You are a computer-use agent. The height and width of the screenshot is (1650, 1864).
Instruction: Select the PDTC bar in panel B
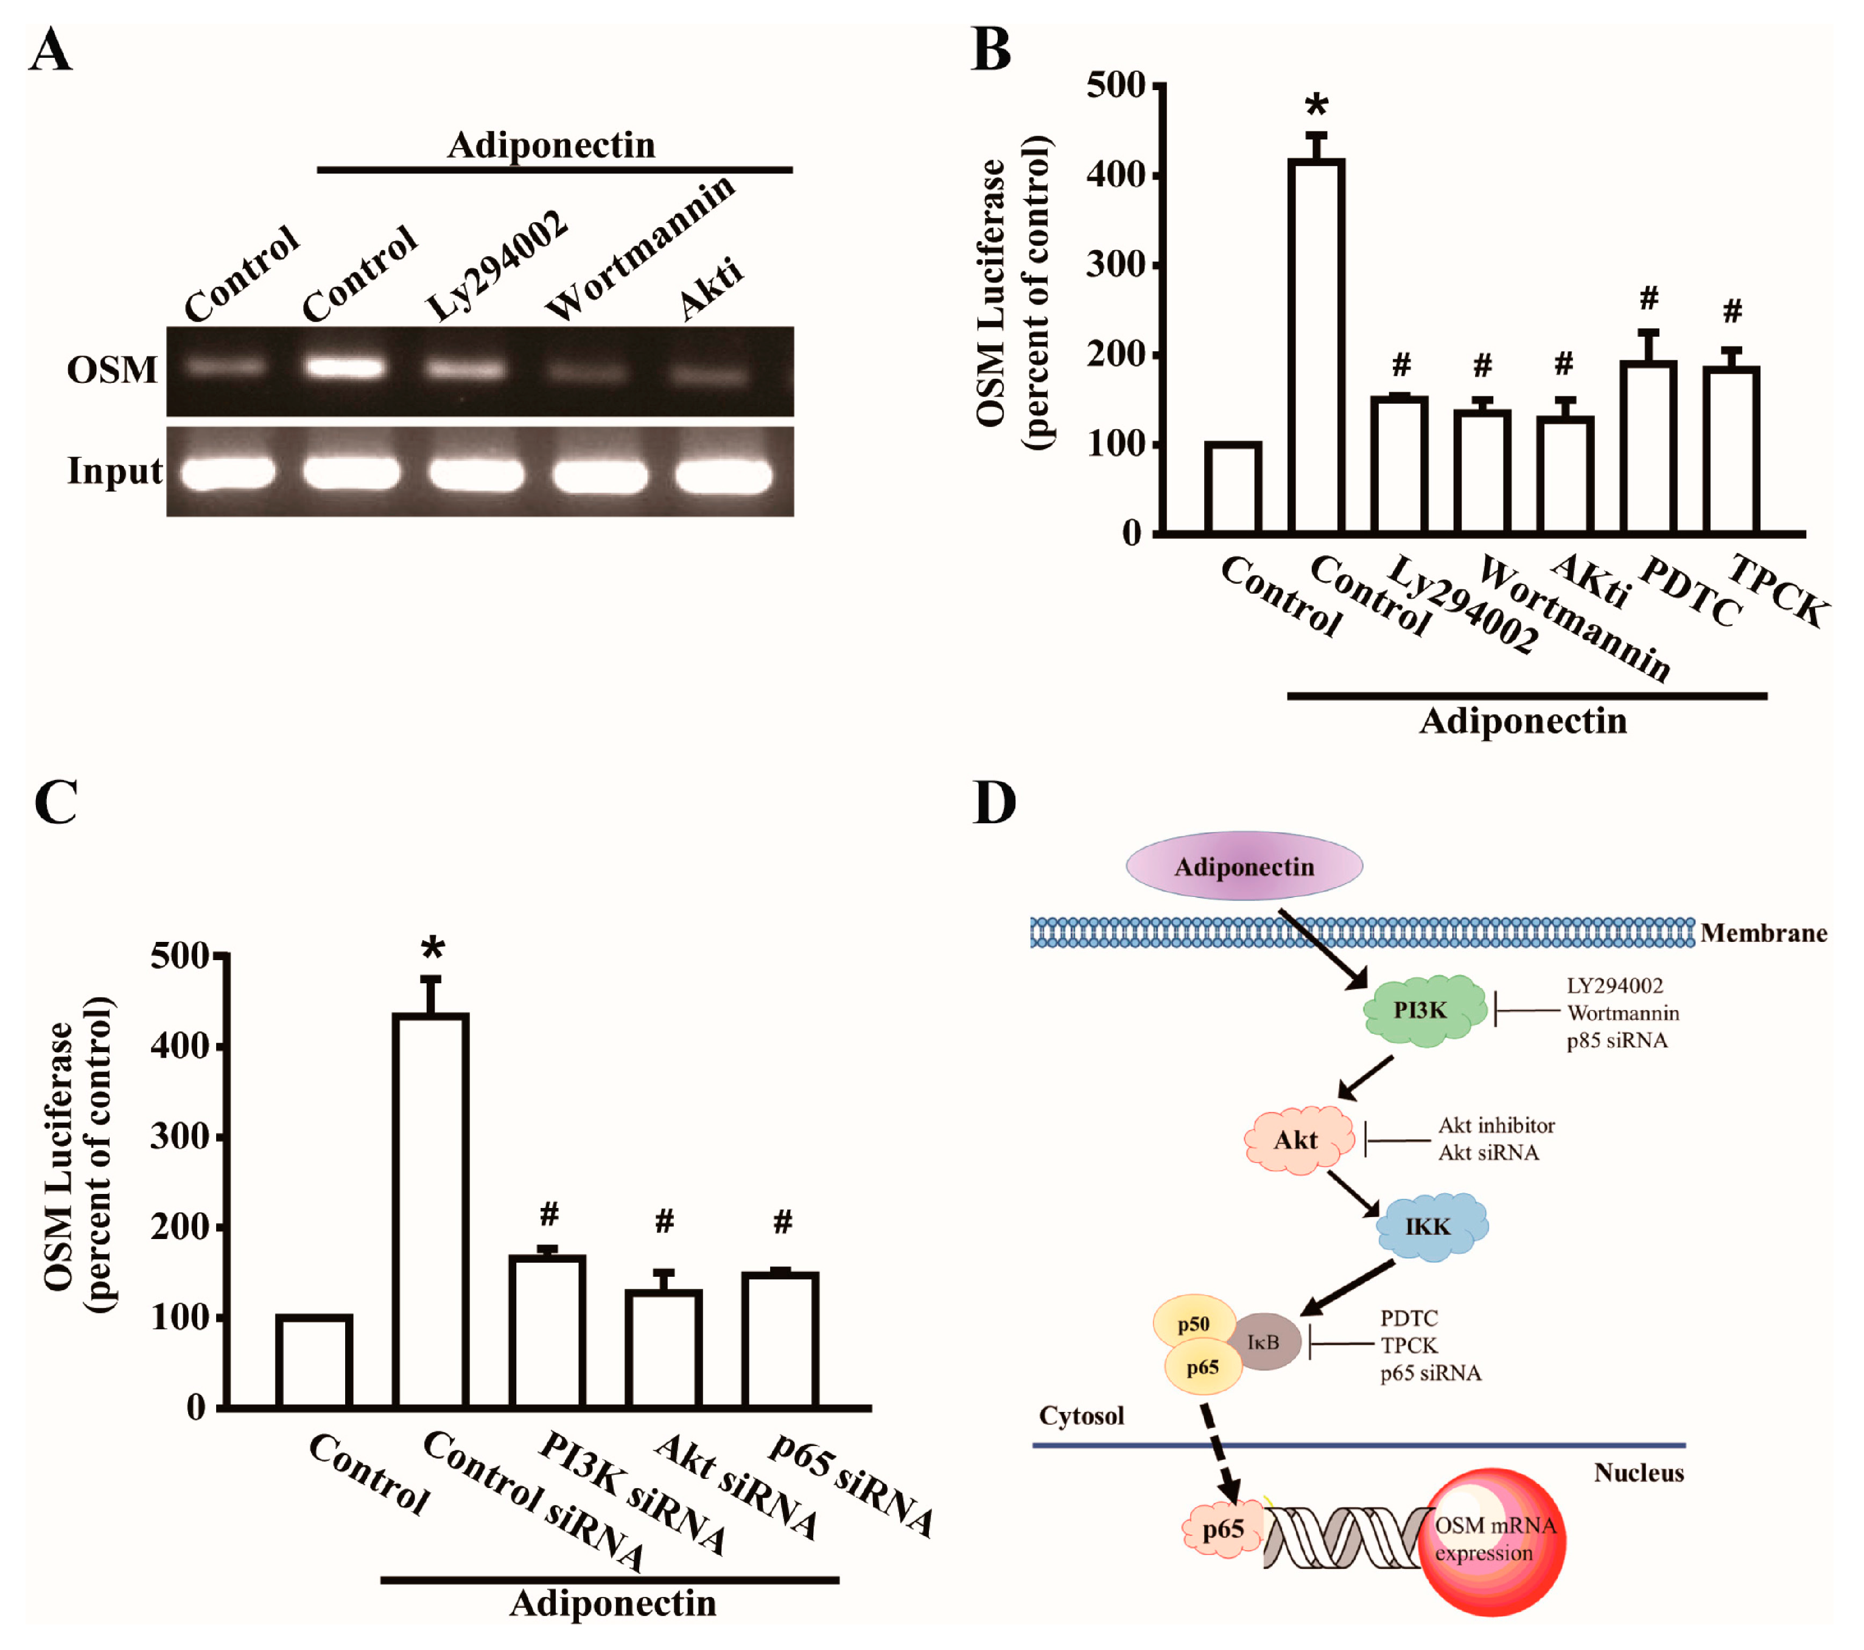(x=1648, y=447)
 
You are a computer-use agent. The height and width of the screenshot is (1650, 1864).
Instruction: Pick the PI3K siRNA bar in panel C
(x=547, y=1331)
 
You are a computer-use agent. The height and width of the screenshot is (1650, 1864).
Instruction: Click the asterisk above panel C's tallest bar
(x=432, y=949)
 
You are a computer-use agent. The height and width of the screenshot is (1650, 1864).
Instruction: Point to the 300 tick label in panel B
(x=1115, y=265)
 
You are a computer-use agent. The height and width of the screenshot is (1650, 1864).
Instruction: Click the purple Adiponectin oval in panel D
(x=1244, y=866)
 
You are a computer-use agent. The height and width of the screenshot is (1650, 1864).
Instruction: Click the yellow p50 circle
(x=1193, y=1324)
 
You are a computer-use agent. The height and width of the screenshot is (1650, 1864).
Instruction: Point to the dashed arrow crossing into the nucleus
(x=1218, y=1455)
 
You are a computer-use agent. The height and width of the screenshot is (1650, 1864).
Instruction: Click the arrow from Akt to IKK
(x=1353, y=1192)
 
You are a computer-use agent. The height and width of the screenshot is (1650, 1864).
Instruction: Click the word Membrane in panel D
(x=1763, y=933)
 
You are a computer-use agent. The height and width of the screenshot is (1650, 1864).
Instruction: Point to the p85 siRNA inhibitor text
(x=1616, y=1041)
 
